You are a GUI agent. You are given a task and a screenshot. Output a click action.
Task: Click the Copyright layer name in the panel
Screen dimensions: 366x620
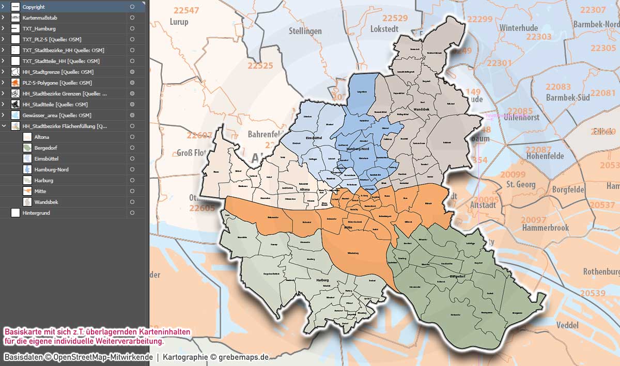tap(34, 7)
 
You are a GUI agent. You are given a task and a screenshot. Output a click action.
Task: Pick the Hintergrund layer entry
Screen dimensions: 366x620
tap(36, 213)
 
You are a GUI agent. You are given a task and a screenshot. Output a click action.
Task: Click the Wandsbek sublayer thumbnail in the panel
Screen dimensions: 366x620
tap(27, 202)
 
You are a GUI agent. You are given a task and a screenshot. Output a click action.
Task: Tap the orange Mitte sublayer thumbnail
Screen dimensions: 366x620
tap(27, 191)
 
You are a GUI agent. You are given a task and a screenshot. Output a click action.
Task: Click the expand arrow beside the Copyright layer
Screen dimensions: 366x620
tap(3, 7)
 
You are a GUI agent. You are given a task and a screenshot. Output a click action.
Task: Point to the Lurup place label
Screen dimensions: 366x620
tap(179, 22)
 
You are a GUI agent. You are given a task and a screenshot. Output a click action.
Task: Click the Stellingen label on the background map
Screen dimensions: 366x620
tap(305, 31)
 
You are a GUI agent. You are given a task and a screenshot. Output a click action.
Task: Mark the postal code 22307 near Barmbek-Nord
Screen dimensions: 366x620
tap(593, 10)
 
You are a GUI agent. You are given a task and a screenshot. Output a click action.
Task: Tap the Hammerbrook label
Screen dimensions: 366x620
tap(545, 228)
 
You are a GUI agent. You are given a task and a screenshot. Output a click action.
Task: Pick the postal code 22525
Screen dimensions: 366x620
tap(260, 66)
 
